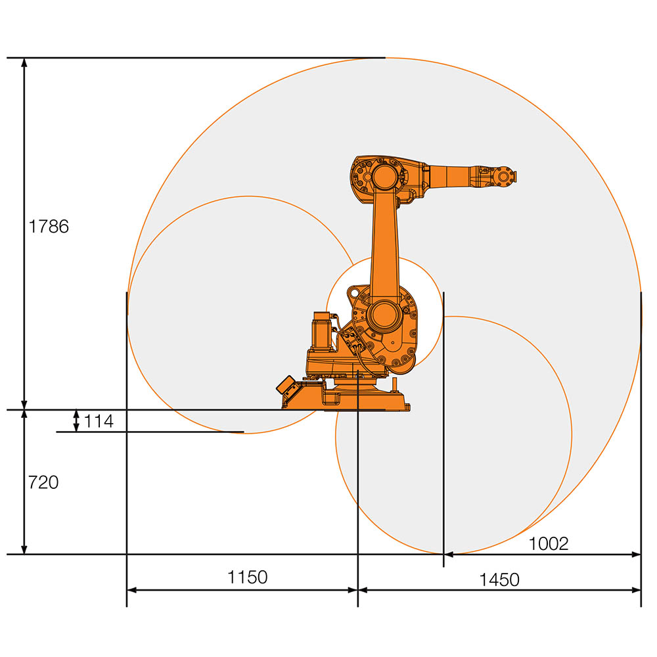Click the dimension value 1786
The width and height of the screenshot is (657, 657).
48,227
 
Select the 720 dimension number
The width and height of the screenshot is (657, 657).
43,482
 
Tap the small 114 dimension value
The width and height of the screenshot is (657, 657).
99,421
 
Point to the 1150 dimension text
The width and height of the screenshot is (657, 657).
248,577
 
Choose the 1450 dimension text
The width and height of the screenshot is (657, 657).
499,579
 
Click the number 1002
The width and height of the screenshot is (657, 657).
548,543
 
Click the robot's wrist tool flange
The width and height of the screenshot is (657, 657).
506,176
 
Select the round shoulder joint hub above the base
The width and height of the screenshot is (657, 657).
383,315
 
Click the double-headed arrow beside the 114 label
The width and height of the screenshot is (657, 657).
76,421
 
